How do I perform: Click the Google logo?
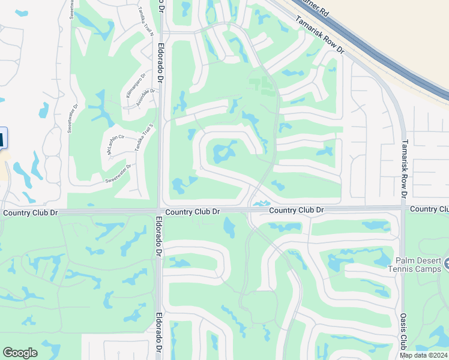pyautogui.click(x=20, y=353)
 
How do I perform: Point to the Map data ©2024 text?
pyautogui.click(x=424, y=355)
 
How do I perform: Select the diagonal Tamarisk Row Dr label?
pyautogui.click(x=319, y=35)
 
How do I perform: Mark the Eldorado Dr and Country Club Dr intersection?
pyautogui.click(x=160, y=211)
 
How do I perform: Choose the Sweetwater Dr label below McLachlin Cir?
pyautogui.click(x=118, y=173)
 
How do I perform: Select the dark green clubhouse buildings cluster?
pyautogui.click(x=263, y=85)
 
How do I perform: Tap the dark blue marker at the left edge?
pyautogui.click(x=2, y=138)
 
